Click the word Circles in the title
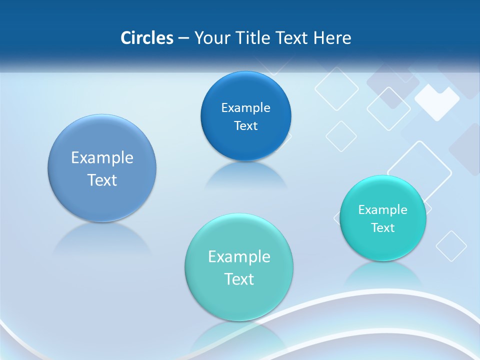(147, 38)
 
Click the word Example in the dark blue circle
(246, 108)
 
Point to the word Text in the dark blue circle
(246, 126)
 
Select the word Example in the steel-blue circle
(102, 158)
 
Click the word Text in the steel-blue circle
(102, 180)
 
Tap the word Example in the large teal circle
(239, 257)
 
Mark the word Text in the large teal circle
(239, 279)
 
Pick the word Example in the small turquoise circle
(383, 210)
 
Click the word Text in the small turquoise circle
(383, 228)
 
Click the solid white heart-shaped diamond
(437, 101)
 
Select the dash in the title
(183, 38)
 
